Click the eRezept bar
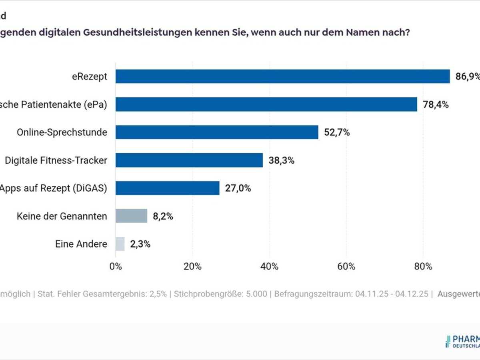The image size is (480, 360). pyautogui.click(x=282, y=76)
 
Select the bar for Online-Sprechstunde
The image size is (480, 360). pyautogui.click(x=217, y=132)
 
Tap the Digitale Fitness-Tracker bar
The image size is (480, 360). pyautogui.click(x=189, y=160)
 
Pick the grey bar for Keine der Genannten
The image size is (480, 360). pyautogui.click(x=131, y=216)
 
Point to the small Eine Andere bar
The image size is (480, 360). pyautogui.click(x=120, y=244)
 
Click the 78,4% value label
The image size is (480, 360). pyautogui.click(x=436, y=105)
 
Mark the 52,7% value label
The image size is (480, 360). pyautogui.click(x=337, y=132)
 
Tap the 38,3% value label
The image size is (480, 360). pyautogui.click(x=281, y=161)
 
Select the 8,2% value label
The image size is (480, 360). pyautogui.click(x=163, y=216)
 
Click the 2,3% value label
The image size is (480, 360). pyautogui.click(x=140, y=244)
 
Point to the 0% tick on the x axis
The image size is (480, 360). pyautogui.click(x=116, y=266)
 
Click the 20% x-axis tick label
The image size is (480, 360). pyautogui.click(x=192, y=266)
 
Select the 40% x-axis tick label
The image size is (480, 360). pyautogui.click(x=269, y=266)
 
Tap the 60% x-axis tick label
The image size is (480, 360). pyautogui.click(x=346, y=266)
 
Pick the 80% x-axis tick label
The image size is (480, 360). pyautogui.click(x=423, y=266)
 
